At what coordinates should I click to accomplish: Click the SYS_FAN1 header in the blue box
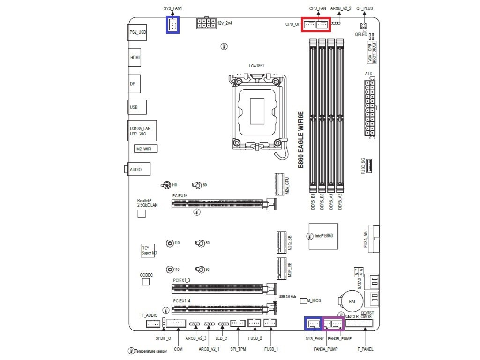click(172, 24)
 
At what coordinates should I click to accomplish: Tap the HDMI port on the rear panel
click(135, 57)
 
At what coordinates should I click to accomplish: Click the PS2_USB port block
click(137, 32)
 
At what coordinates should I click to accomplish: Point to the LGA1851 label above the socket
click(256, 66)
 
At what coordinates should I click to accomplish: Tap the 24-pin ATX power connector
click(369, 107)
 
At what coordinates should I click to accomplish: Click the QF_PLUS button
click(363, 26)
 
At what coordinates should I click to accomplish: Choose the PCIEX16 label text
click(180, 195)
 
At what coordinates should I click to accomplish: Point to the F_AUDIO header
click(153, 324)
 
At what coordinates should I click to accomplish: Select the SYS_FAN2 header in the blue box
click(313, 323)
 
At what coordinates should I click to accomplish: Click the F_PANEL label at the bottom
click(365, 349)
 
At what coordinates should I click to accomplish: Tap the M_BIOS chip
click(303, 300)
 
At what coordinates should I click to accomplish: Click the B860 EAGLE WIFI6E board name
click(301, 140)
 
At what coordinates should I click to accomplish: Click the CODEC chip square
click(145, 282)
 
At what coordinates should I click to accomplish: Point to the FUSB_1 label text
click(271, 349)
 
